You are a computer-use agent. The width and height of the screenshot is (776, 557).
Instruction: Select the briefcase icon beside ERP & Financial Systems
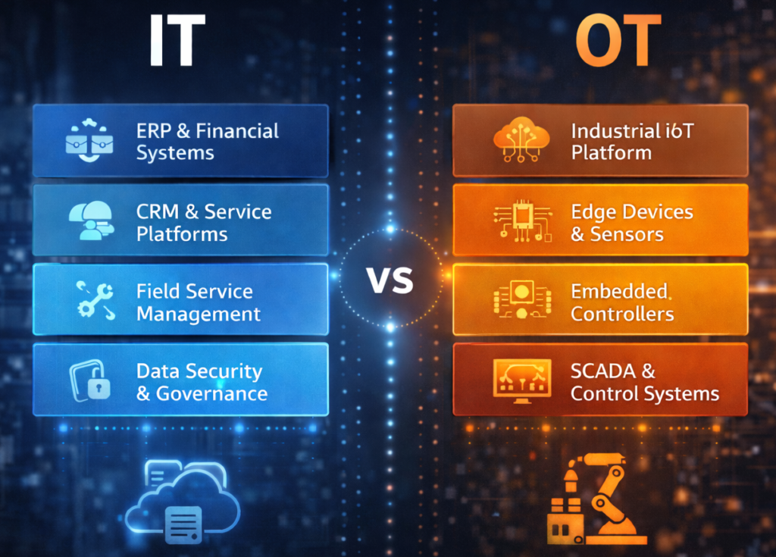(89, 140)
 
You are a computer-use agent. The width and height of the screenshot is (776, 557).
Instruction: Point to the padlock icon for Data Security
(91, 380)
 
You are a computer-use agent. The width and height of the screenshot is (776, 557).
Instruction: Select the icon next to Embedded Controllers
(521, 299)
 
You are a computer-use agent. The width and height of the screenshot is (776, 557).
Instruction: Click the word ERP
(154, 131)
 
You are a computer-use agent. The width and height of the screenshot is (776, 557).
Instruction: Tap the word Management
(199, 313)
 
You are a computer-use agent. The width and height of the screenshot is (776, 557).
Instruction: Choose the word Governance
(211, 393)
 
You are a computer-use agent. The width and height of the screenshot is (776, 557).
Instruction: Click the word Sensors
(627, 233)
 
